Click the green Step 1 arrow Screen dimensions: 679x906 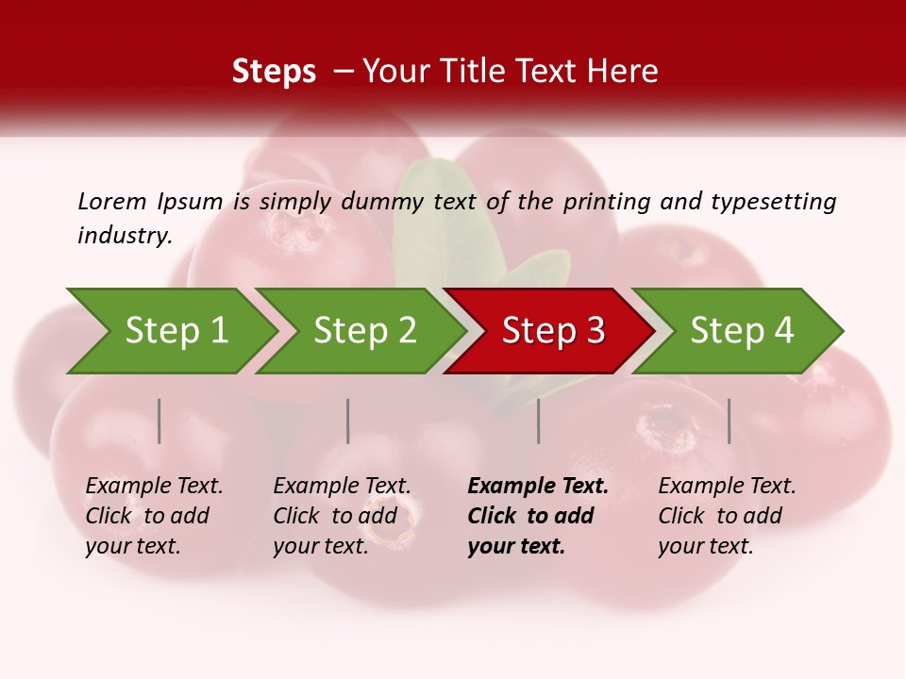coord(176,331)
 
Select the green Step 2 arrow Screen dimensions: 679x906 coord(364,331)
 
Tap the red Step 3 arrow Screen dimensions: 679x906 coord(553,331)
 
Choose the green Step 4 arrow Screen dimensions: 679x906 coord(742,331)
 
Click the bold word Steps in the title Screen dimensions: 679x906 coord(274,72)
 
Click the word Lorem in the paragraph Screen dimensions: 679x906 coord(111,202)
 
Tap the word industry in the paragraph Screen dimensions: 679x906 coord(124,236)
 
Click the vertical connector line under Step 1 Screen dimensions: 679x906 coord(159,421)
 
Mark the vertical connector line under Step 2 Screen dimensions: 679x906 coord(348,421)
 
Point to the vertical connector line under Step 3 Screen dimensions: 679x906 coord(539,421)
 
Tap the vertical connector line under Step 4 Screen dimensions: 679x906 coord(730,421)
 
